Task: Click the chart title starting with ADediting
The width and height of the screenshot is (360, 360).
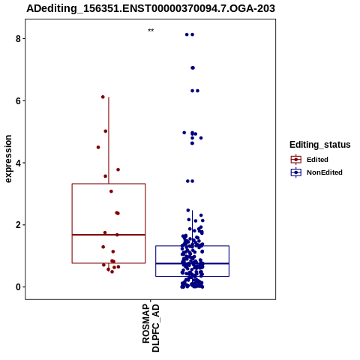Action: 151,8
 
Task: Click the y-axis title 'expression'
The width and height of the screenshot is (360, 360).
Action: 8,159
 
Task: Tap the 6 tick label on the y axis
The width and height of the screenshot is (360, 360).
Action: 18,100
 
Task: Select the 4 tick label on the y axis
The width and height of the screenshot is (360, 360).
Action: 18,163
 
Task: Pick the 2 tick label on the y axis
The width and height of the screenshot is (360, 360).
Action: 18,225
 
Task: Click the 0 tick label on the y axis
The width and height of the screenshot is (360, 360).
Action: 18,287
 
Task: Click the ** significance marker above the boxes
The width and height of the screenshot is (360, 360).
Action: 151,31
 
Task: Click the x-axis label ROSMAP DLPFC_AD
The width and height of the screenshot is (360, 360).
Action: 151,328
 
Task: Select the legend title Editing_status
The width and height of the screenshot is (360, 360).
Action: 320,145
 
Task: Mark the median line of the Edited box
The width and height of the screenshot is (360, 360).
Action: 109,235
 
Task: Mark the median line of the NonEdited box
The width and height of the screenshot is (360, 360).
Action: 192,263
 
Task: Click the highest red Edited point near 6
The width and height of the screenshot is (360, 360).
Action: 103,97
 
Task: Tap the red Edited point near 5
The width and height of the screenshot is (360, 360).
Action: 106,131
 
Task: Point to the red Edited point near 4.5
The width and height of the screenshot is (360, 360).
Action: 98,147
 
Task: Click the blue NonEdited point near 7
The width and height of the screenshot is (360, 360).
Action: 193,67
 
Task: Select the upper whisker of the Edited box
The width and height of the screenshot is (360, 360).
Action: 109,140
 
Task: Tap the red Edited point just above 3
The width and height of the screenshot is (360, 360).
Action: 111,191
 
